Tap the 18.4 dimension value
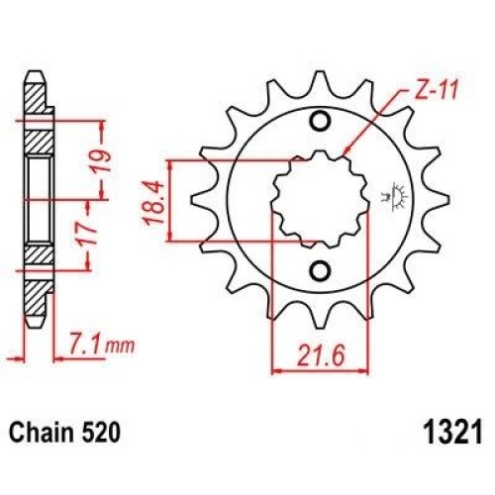[x=153, y=203]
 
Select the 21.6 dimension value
[x=320, y=355]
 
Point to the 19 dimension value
[x=102, y=160]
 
